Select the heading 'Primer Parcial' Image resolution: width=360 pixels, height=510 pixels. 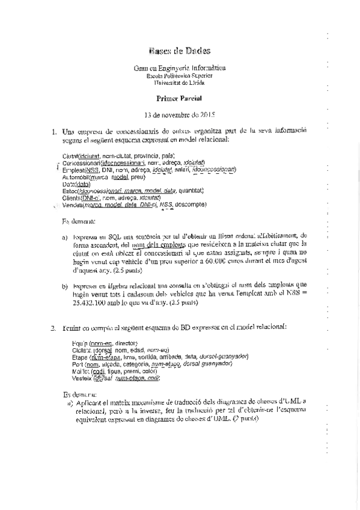180,97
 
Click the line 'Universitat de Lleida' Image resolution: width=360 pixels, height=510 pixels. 179,82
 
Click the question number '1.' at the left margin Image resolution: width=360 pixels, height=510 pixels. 55,131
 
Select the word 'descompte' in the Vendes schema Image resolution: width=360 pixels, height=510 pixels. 191,204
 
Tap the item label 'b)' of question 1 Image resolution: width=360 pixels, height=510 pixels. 65,287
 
